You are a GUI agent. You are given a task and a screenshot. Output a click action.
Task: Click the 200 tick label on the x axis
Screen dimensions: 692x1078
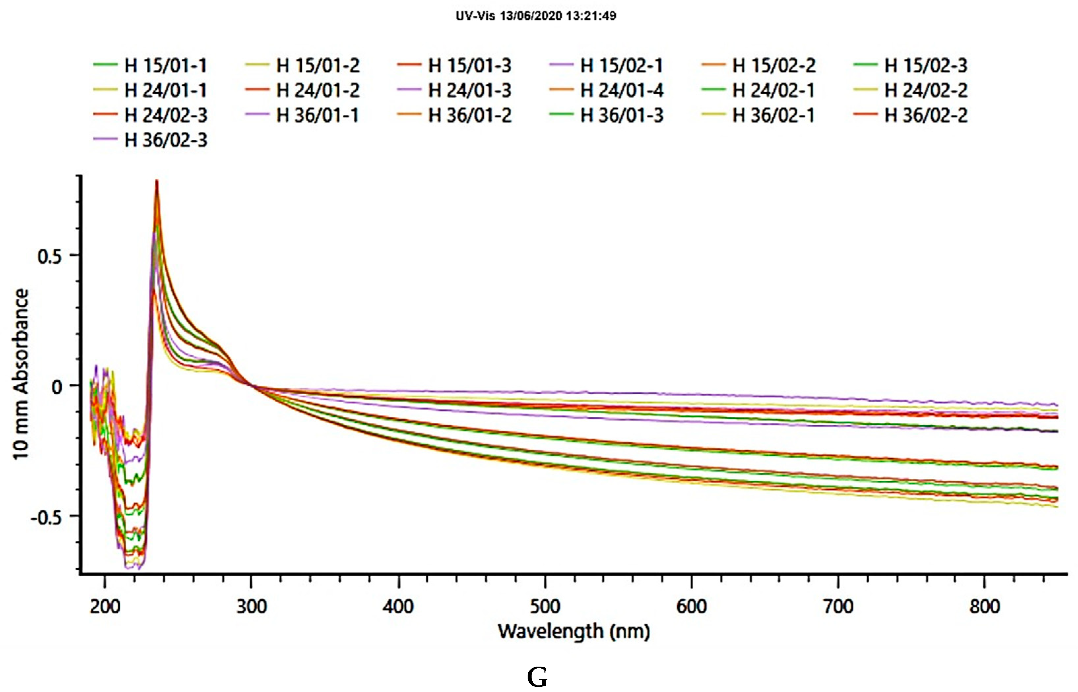click(x=105, y=607)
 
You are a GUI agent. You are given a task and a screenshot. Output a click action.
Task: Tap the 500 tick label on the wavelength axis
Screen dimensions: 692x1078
click(x=545, y=607)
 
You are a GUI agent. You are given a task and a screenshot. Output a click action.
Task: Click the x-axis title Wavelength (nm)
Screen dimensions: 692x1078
click(x=574, y=631)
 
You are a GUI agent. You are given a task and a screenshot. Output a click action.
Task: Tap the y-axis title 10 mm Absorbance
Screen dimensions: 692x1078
click(x=21, y=374)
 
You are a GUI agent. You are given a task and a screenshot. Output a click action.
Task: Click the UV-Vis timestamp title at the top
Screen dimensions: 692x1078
click(x=536, y=16)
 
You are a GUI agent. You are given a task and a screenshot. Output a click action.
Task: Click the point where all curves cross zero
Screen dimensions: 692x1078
click(x=252, y=385)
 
